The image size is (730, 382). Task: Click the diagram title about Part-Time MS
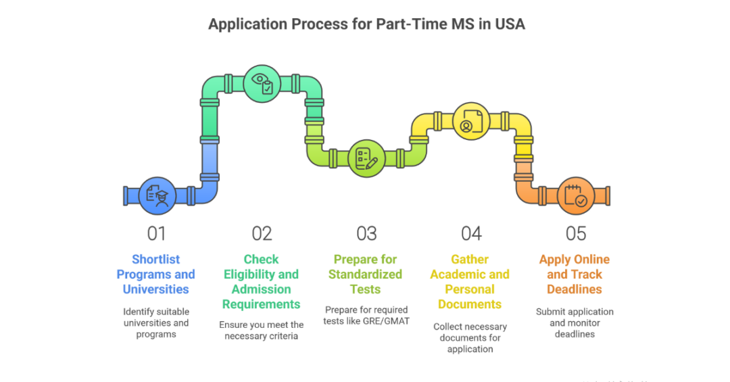(x=366, y=24)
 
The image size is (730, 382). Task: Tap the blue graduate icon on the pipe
(x=157, y=195)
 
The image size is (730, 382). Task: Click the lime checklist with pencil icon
(x=366, y=158)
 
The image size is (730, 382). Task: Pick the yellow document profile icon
(x=470, y=121)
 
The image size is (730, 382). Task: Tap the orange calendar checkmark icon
(x=575, y=195)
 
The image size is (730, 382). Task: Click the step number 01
(x=156, y=233)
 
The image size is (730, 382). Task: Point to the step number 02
(x=262, y=233)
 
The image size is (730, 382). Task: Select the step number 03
(x=366, y=233)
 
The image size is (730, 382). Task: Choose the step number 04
(x=471, y=233)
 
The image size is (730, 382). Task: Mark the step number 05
(x=575, y=233)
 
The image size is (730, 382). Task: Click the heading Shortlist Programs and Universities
(x=156, y=274)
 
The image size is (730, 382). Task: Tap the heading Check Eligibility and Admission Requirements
(x=261, y=282)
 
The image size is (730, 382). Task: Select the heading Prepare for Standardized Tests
(x=366, y=274)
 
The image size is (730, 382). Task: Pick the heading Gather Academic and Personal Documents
(x=470, y=282)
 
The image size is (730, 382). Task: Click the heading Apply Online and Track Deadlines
(x=575, y=274)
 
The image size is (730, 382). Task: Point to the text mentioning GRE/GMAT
(x=366, y=316)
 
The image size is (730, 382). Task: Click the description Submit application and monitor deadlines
(x=575, y=323)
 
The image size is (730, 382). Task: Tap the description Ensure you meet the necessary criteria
(x=261, y=330)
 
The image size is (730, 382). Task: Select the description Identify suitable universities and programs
(x=156, y=323)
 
